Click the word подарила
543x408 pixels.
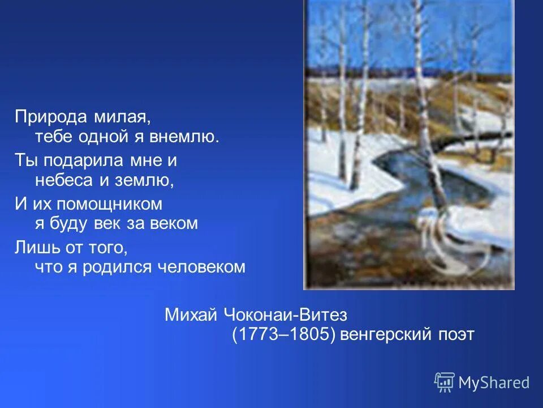83,160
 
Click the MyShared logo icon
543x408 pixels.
444,382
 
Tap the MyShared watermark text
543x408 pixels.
494,382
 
